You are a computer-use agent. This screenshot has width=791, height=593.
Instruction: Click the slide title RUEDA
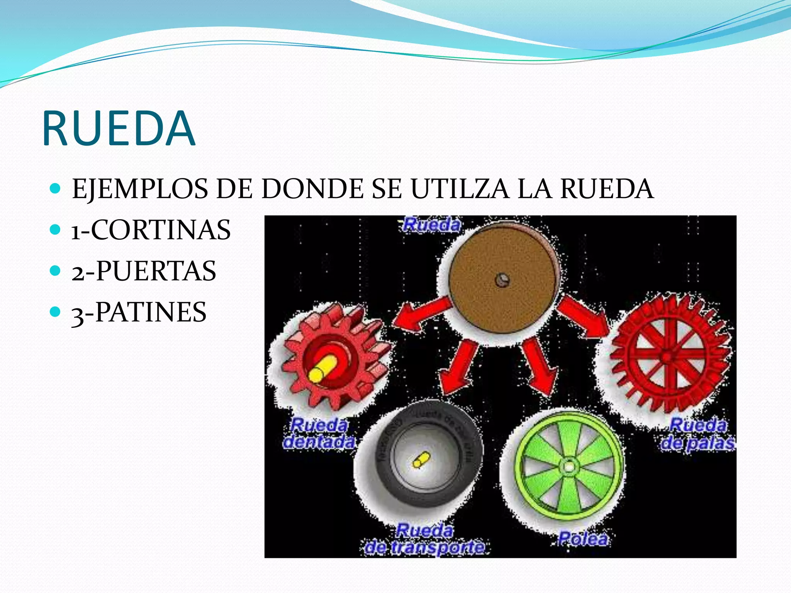tap(119, 128)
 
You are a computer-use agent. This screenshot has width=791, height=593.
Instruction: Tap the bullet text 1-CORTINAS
tap(151, 230)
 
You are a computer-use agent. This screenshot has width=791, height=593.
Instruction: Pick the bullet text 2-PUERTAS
tap(144, 271)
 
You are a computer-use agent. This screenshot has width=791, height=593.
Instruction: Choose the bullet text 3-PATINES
tap(139, 312)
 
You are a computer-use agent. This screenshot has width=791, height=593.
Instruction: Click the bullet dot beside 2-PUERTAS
tap(56, 270)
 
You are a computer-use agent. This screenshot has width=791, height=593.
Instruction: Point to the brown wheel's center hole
tap(502, 280)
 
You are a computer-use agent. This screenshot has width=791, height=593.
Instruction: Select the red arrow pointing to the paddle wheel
tap(583, 315)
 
